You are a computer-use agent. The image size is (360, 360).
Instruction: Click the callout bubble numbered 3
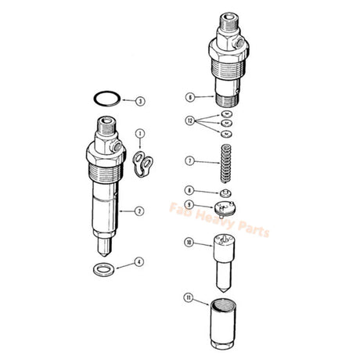click(x=139, y=101)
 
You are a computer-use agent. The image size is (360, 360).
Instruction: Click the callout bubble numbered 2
click(x=139, y=210)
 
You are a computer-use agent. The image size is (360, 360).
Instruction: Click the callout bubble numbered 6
click(x=189, y=98)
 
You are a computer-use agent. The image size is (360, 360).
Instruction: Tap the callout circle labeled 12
click(x=189, y=121)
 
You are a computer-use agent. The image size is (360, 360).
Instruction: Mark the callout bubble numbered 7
click(x=189, y=160)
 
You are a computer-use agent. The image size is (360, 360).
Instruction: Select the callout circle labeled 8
click(x=189, y=189)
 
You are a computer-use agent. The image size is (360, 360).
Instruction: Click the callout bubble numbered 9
click(x=189, y=205)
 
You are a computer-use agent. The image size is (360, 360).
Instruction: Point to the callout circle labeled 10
click(x=189, y=242)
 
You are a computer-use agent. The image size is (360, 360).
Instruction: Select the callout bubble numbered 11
click(x=189, y=298)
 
